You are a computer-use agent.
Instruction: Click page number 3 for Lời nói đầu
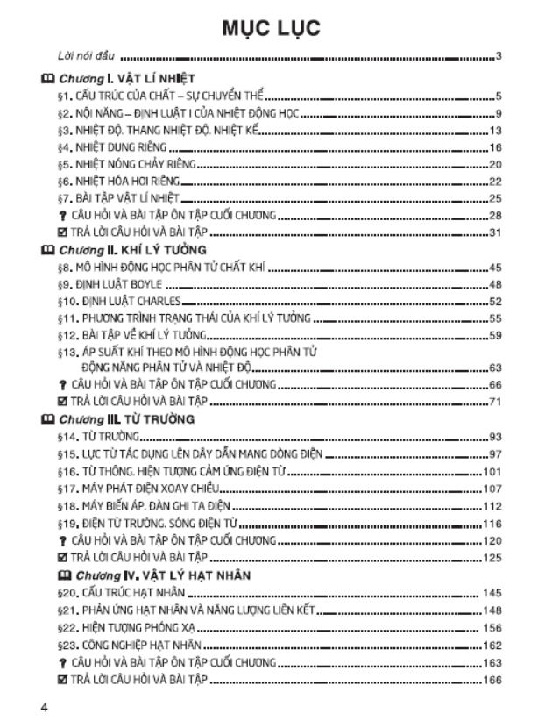[497, 58]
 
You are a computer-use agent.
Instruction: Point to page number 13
[493, 131]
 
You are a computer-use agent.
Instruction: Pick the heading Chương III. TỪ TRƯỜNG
[124, 418]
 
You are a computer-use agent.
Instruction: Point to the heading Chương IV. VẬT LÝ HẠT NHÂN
[166, 576]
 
